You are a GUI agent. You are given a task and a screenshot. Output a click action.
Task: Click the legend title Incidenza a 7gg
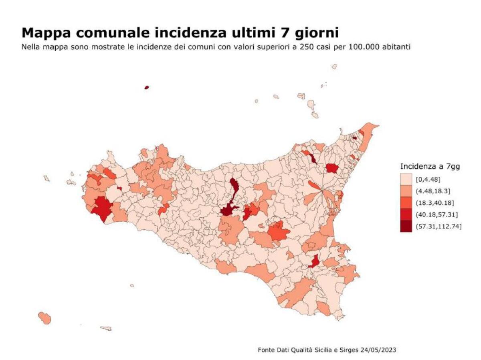pos(430,166)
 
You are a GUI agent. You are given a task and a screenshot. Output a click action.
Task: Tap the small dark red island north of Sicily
pos(147,87)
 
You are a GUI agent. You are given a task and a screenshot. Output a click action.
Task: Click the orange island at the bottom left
pos(44,318)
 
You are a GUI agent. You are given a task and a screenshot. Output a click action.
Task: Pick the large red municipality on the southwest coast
pos(102,208)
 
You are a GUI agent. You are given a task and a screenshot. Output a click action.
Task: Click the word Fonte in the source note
pos(266,350)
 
